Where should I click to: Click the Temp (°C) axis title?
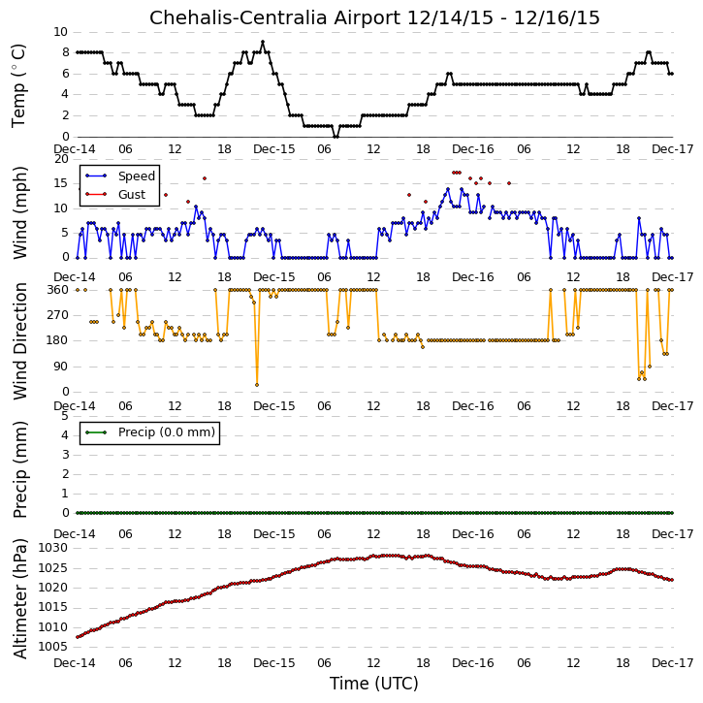click(x=18, y=85)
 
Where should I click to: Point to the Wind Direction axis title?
click(x=20, y=341)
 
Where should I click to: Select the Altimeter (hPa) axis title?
click(x=20, y=599)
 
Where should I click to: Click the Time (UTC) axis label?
click(x=374, y=684)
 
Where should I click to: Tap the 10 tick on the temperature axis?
click(x=60, y=32)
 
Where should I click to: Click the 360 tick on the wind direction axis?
click(x=58, y=290)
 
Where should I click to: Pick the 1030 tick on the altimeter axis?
click(x=53, y=548)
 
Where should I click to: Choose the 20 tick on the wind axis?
click(x=61, y=159)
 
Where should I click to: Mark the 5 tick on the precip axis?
click(x=65, y=416)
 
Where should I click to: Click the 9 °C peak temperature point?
click(x=263, y=42)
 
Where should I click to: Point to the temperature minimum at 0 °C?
click(x=336, y=137)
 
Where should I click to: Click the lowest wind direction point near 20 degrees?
click(x=257, y=385)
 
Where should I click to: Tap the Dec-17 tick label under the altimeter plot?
click(x=673, y=662)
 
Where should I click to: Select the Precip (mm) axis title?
click(x=20, y=470)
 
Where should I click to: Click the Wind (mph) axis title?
click(x=20, y=213)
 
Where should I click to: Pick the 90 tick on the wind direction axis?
click(x=61, y=367)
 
